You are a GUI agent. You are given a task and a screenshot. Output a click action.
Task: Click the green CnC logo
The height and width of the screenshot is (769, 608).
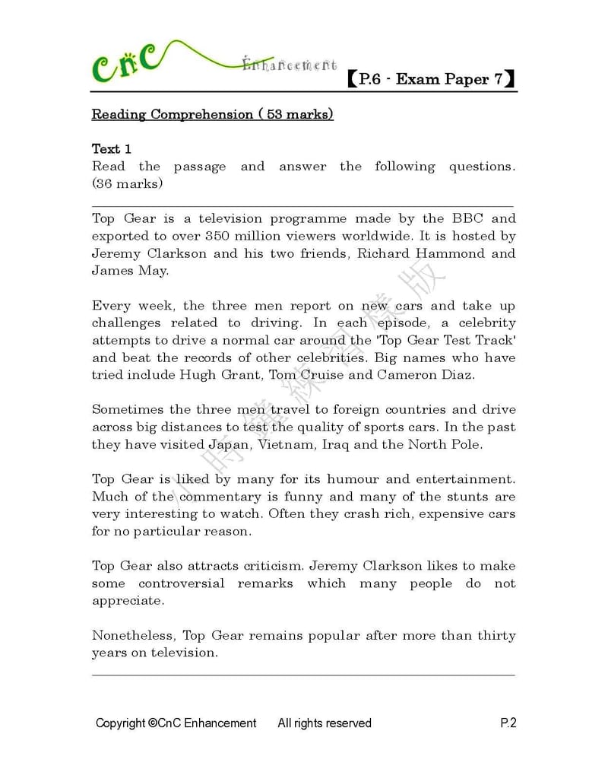126,64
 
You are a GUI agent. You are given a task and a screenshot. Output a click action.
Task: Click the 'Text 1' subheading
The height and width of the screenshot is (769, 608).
112,148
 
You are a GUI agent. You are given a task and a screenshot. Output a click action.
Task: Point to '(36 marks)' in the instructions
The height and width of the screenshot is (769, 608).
127,183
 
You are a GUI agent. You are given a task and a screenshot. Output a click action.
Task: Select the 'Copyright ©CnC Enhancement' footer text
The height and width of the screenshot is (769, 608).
176,723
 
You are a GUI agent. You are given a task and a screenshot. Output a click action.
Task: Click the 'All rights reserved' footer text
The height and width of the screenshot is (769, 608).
325,723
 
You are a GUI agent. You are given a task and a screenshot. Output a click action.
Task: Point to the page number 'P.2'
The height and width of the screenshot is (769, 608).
508,723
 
